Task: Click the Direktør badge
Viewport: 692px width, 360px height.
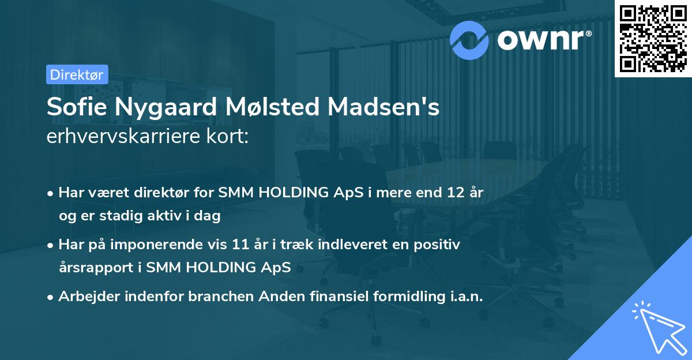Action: coord(77,74)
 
